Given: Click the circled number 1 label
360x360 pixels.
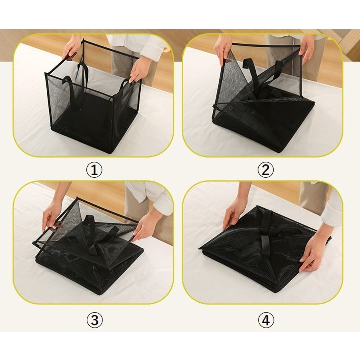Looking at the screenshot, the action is [x=94, y=170].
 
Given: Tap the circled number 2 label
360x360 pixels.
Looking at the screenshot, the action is [x=266, y=170].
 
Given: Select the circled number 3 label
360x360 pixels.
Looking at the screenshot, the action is [x=94, y=320].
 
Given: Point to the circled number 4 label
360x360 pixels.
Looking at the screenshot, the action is [x=266, y=320].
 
